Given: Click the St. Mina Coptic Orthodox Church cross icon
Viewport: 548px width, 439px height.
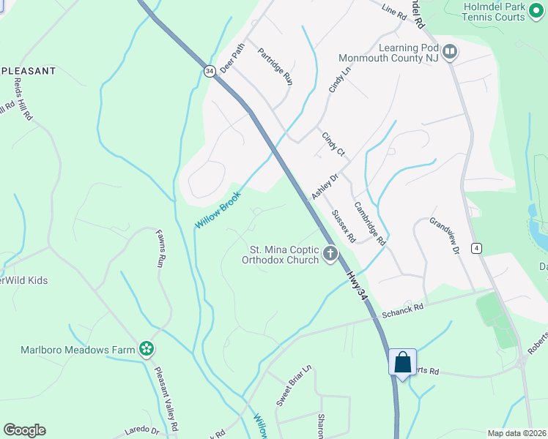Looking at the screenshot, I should click(x=330, y=255).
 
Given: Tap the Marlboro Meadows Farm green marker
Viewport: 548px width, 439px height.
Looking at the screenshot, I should click(x=147, y=350).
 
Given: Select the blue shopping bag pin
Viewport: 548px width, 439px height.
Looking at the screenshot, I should click(x=402, y=362).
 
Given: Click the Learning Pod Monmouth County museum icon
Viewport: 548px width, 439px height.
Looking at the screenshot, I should click(x=450, y=53).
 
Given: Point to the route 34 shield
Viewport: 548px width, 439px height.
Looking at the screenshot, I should click(x=210, y=70).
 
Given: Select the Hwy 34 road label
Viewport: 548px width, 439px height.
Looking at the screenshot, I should click(x=356, y=281).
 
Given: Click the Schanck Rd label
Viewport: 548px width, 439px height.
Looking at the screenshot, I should click(x=402, y=309).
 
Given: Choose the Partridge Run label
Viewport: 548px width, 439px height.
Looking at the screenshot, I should click(x=275, y=67).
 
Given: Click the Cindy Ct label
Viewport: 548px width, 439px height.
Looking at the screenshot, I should click(x=333, y=143).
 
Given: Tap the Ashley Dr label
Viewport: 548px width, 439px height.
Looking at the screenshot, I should click(x=325, y=187).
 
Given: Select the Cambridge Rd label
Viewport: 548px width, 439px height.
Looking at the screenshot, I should click(x=369, y=223).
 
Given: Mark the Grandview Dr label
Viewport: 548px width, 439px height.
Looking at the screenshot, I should click(x=443, y=236).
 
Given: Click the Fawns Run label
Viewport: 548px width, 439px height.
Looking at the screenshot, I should click(x=160, y=249).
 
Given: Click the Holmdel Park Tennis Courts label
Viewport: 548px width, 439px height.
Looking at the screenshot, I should click(x=495, y=12).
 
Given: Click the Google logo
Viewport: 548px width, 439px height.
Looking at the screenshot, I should click(x=24, y=430).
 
